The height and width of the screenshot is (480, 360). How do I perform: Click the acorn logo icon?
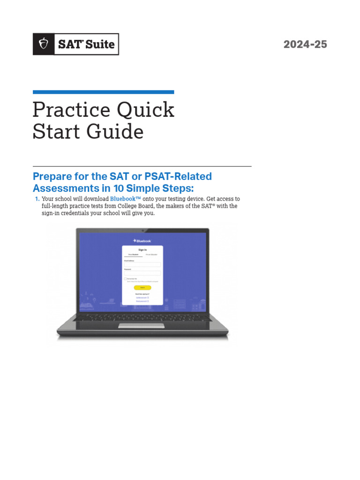coord(44,45)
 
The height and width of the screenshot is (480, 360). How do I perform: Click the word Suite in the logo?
coord(99,45)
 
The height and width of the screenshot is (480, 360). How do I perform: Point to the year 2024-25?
coord(305,45)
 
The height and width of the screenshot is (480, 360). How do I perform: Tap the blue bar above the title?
coord(103,92)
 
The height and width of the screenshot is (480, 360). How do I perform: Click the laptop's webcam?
coord(142,231)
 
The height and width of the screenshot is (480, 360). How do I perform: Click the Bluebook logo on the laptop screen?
coord(142,240)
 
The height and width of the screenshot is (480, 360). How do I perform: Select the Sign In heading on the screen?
coord(142,250)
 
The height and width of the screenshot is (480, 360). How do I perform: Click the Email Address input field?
coord(142,264)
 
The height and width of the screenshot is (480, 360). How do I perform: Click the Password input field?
coord(142,273)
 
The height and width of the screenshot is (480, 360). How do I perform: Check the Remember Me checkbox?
coord(126,279)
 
